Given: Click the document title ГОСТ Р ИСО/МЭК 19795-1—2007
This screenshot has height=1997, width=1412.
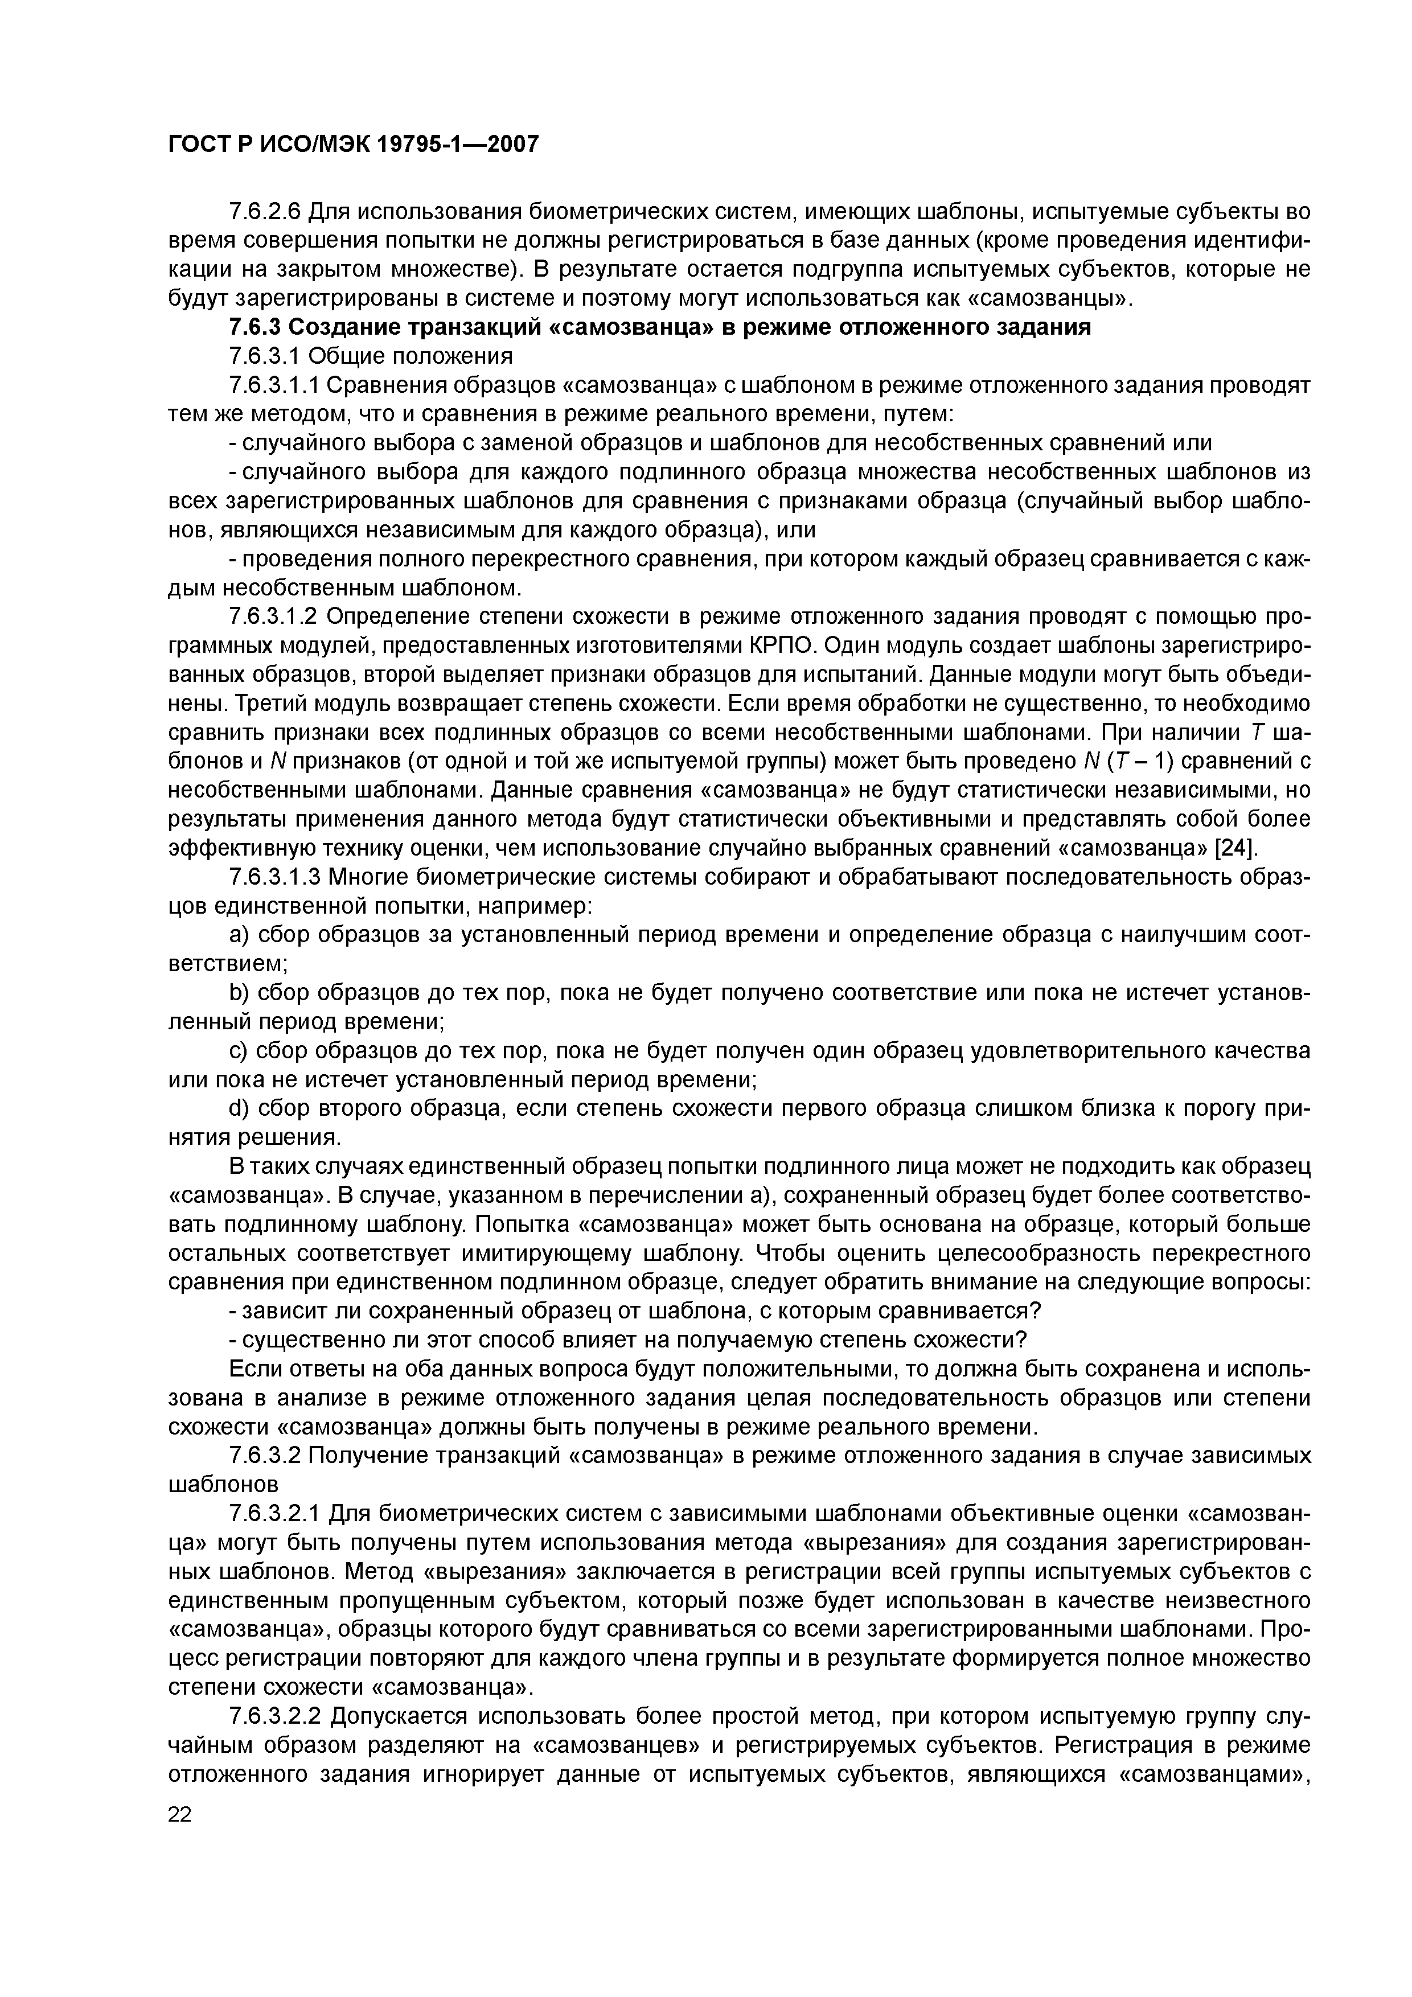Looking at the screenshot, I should click(353, 145).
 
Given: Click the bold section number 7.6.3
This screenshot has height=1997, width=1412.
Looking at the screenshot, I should click(254, 328).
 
